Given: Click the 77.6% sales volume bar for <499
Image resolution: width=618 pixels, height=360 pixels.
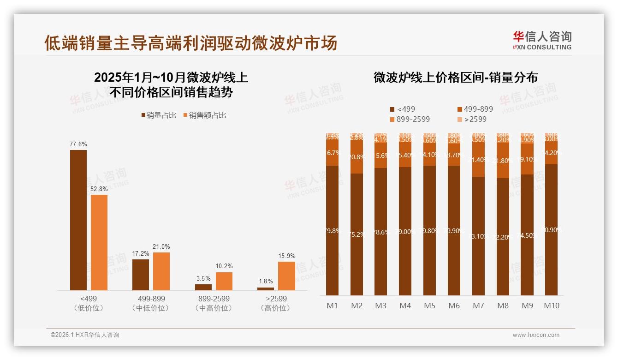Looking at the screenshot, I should (78, 220).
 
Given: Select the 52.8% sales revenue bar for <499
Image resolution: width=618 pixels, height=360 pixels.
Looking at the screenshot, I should (99, 242).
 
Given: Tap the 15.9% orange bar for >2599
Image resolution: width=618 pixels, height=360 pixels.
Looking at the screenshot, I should (286, 276).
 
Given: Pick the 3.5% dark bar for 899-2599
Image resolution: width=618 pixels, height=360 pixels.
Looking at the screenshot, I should (203, 287).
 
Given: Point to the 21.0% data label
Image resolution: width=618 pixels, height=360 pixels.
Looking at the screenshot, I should (161, 247).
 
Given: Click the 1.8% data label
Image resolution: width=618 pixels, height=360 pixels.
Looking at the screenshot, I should (265, 281).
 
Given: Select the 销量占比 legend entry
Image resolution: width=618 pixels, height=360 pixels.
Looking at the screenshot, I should (158, 115).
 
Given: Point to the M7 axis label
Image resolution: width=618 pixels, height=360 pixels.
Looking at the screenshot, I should (478, 306).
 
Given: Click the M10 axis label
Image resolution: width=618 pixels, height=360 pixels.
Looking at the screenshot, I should (551, 306).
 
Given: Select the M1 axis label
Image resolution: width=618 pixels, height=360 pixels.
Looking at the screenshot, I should (332, 306).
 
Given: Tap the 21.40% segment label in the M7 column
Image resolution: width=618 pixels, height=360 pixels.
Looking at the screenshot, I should (478, 160).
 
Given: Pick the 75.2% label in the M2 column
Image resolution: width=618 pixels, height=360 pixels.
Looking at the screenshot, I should (357, 234).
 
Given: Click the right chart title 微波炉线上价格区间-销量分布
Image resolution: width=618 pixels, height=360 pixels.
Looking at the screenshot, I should (455, 78).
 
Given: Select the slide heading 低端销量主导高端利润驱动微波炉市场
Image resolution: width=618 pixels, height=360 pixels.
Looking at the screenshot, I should (190, 43).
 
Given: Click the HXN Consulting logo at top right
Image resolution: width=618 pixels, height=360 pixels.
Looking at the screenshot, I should (542, 40).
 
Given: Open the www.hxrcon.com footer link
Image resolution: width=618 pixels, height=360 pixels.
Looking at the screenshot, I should (535, 335).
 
